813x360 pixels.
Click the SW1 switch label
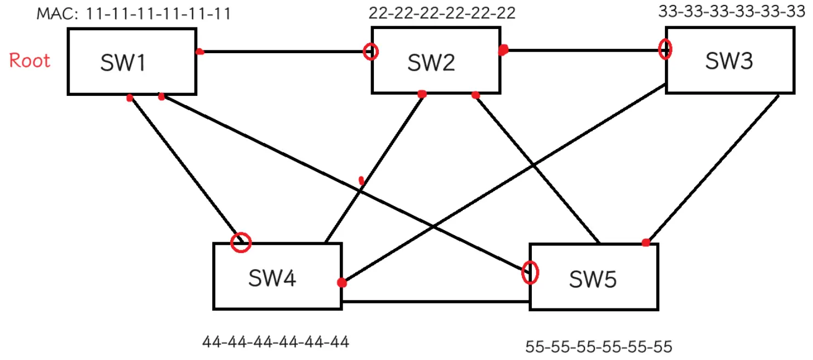click(x=123, y=62)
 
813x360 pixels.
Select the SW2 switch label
click(x=431, y=62)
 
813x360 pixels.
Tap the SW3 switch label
click(x=729, y=61)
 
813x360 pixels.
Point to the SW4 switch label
click(x=272, y=278)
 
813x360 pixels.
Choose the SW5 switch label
click(x=593, y=279)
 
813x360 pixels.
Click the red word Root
click(x=30, y=60)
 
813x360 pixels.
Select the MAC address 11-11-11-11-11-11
click(x=158, y=14)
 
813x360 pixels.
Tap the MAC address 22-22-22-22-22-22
click(x=442, y=13)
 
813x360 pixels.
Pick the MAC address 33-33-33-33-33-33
click(x=732, y=12)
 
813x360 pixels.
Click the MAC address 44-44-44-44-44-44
click(x=275, y=342)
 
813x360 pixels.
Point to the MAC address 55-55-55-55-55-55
click(x=599, y=347)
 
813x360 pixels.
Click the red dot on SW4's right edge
click(x=342, y=283)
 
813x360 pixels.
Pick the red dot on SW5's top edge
click(x=646, y=242)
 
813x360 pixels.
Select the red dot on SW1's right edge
click(x=200, y=52)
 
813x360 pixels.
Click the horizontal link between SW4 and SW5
click(x=435, y=301)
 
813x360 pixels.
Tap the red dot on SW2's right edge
click(x=503, y=50)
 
